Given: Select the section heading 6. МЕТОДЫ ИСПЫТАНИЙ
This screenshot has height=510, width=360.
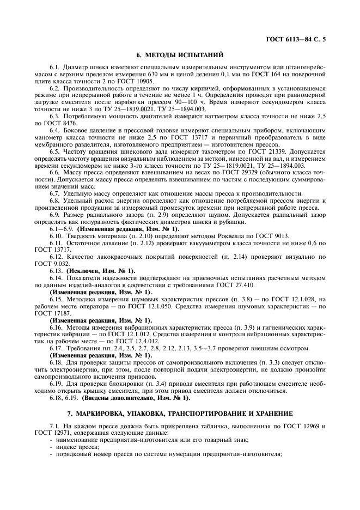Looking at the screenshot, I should (179, 54).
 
